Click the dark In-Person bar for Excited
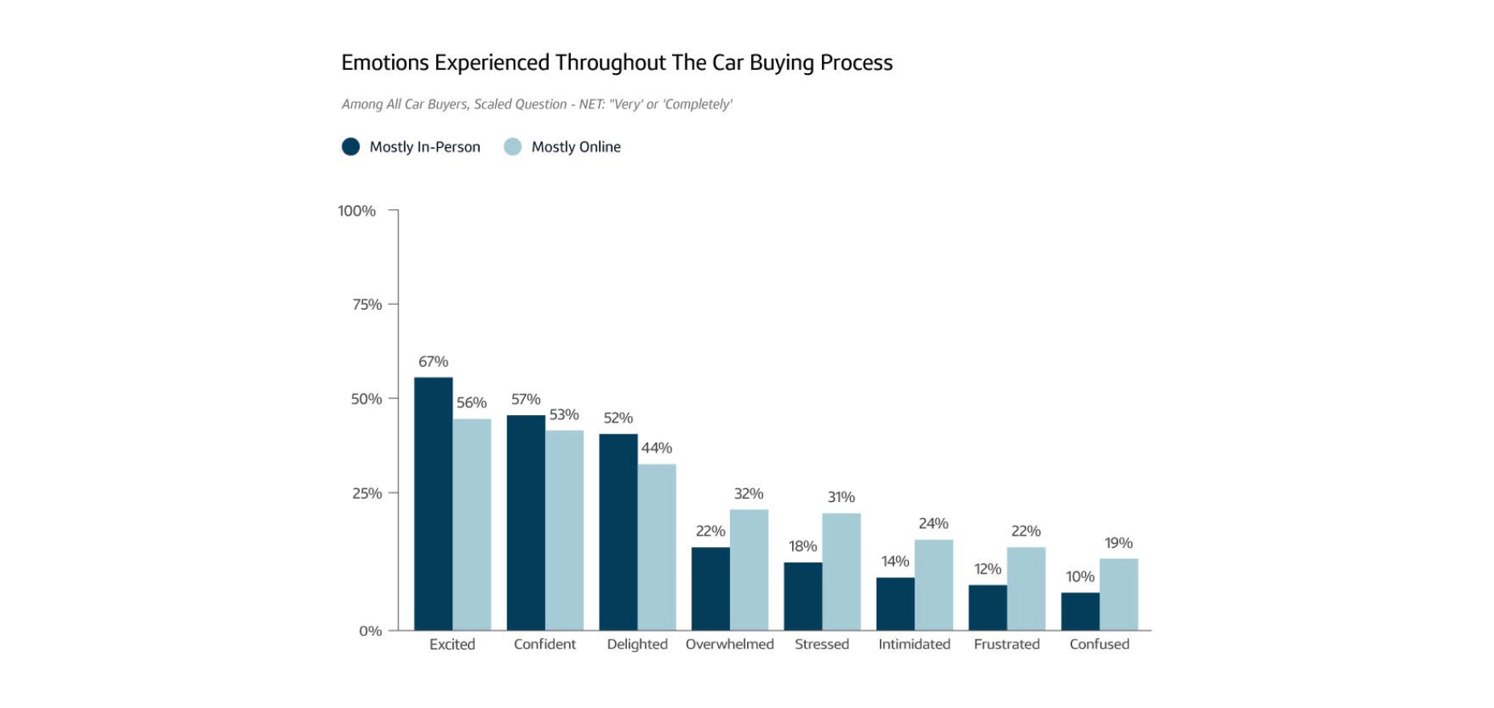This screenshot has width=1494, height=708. pyautogui.click(x=433, y=504)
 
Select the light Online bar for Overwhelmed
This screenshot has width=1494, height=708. pyautogui.click(x=749, y=570)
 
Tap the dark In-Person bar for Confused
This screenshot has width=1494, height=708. pyautogui.click(x=1080, y=611)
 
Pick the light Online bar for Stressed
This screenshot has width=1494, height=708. pyautogui.click(x=841, y=571)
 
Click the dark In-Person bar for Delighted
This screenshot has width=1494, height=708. pyautogui.click(x=618, y=532)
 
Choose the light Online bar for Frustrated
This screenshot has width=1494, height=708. pyautogui.click(x=1026, y=588)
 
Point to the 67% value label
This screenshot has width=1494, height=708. pyautogui.click(x=433, y=362)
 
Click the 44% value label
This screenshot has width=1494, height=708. pyautogui.click(x=656, y=448)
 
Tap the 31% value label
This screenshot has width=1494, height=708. pyautogui.click(x=841, y=497)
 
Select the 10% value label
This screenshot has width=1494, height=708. pyautogui.click(x=1079, y=577)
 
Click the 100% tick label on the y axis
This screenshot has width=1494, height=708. pyautogui.click(x=357, y=211)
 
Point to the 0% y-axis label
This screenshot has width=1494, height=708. pyautogui.click(x=370, y=631)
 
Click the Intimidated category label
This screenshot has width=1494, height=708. pyautogui.click(x=914, y=644)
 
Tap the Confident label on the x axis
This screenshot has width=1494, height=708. pyautogui.click(x=544, y=644)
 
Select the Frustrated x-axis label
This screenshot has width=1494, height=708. pyautogui.click(x=1006, y=644)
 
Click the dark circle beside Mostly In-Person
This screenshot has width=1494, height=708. pyautogui.click(x=351, y=146)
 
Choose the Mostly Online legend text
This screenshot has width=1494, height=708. pyautogui.click(x=576, y=147)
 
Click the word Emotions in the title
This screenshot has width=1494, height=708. pyautogui.click(x=384, y=63)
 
